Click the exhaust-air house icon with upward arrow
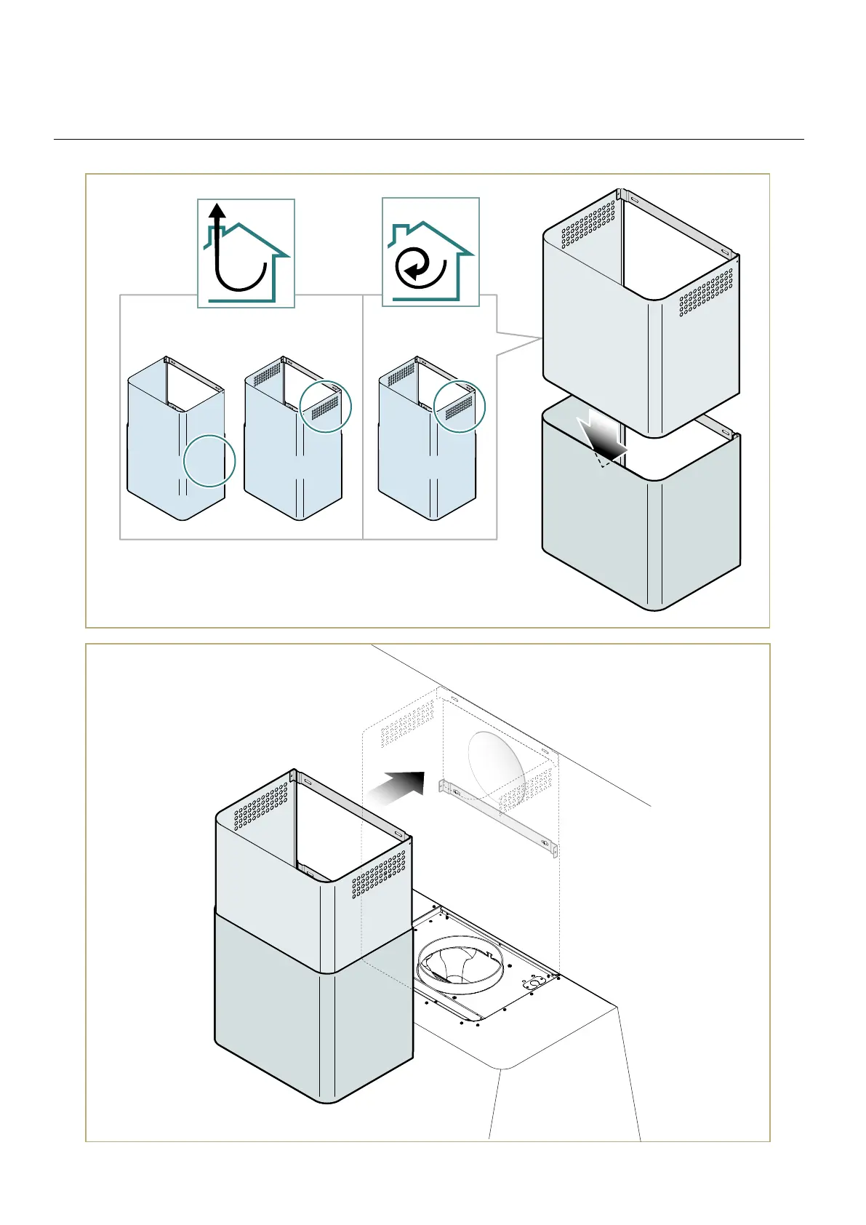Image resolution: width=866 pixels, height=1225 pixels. point(246,253)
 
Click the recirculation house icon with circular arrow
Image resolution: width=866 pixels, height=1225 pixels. point(430,252)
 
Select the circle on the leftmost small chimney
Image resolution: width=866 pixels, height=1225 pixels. point(209,460)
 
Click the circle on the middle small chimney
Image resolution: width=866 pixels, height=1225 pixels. point(326,407)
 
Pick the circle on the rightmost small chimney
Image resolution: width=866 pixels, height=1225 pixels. point(460,407)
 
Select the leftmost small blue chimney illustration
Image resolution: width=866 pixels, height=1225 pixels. point(176,440)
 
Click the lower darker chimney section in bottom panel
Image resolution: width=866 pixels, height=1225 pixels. point(313,1018)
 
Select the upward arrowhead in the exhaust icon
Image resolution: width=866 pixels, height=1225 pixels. point(217,211)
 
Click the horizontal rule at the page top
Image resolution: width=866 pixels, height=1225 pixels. point(429,139)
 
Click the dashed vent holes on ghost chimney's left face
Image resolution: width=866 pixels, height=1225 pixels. point(407,723)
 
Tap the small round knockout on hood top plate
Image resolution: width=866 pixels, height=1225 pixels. point(534,983)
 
